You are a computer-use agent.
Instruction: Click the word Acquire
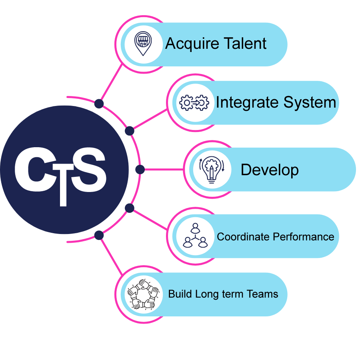click(x=189, y=44)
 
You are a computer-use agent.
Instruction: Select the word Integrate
click(x=246, y=103)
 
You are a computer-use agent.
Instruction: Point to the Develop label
click(x=270, y=170)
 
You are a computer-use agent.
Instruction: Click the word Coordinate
click(x=243, y=237)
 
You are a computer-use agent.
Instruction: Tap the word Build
click(x=180, y=294)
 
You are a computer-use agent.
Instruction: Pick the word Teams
click(x=262, y=294)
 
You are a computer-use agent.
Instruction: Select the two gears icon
click(x=194, y=103)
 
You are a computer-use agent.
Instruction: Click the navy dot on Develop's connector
click(x=140, y=170)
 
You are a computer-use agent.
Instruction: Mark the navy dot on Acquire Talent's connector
click(x=99, y=104)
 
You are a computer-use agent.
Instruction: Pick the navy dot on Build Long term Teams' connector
click(x=99, y=235)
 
